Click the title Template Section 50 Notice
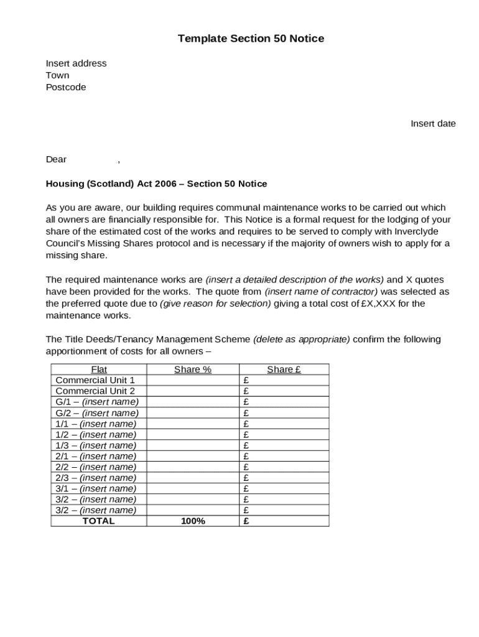pyautogui.click(x=251, y=39)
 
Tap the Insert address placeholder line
pyautogui.click(x=76, y=63)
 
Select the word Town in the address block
pyautogui.click(x=57, y=75)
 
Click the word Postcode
pyautogui.click(x=66, y=87)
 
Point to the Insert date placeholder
pyautogui.click(x=433, y=123)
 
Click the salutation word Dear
pyautogui.click(x=56, y=159)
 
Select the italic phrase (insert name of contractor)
pyautogui.click(x=321, y=291)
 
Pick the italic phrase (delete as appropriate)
pyautogui.click(x=302, y=339)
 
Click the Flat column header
pyautogui.click(x=99, y=370)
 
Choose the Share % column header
pyautogui.click(x=193, y=370)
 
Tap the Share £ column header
pyautogui.click(x=284, y=370)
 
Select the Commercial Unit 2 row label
pyautogui.click(x=95, y=391)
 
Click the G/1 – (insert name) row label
pyautogui.click(x=96, y=402)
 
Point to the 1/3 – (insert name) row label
pyautogui.click(x=96, y=445)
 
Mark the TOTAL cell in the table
pyautogui.click(x=99, y=521)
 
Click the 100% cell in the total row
pyautogui.click(x=193, y=521)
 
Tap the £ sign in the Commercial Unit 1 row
pyautogui.click(x=246, y=380)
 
